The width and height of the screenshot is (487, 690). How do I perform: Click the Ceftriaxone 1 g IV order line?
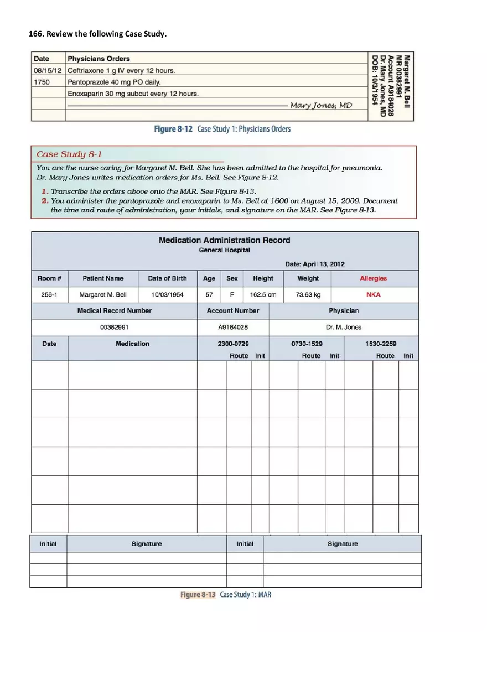point(121,70)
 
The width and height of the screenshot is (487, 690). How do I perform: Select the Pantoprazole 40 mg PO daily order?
point(114,82)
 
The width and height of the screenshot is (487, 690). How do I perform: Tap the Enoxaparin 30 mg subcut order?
point(133,94)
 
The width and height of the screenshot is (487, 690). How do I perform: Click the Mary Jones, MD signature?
point(321,105)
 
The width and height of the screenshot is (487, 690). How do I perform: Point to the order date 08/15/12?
point(48,70)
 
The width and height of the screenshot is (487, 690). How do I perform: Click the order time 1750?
point(42,82)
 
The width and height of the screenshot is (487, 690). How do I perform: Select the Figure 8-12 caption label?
point(173,129)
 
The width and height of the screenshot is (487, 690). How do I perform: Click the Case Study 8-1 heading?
point(69,154)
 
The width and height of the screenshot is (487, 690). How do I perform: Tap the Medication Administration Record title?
point(224,240)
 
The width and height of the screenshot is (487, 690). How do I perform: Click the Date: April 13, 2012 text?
point(314,264)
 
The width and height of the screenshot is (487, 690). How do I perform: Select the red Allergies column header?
point(374,278)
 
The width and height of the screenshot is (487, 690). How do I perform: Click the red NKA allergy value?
point(374,295)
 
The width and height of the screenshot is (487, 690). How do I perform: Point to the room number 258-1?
point(49,295)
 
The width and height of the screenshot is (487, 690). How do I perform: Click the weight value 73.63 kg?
point(308,295)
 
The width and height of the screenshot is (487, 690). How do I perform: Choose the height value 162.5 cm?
point(263,295)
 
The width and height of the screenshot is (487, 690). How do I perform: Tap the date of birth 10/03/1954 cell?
point(167,295)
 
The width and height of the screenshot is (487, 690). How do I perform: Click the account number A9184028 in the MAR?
point(233,327)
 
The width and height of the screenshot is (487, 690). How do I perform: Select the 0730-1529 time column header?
point(307,344)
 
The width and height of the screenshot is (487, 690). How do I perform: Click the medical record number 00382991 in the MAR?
point(115,327)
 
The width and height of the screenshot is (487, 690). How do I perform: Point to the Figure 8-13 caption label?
point(198,594)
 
